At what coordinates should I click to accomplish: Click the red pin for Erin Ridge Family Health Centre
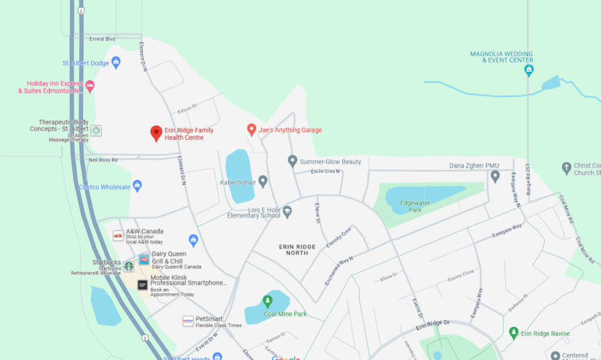(156, 132)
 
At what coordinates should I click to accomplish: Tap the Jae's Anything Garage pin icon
(251, 129)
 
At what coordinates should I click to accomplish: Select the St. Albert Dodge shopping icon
(116, 63)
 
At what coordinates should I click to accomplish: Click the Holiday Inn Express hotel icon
(90, 86)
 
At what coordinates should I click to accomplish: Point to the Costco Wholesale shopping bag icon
(137, 185)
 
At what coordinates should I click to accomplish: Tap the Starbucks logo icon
(129, 266)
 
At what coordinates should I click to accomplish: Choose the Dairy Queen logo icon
(144, 260)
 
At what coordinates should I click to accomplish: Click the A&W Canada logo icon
(118, 236)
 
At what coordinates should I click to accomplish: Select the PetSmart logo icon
(188, 321)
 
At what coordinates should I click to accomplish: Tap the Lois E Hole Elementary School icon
(287, 212)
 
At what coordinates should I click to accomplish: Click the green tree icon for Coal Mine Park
(267, 301)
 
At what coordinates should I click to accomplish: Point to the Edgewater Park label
(411, 206)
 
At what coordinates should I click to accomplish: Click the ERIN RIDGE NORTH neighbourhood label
(297, 250)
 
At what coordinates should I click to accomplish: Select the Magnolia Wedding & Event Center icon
(528, 71)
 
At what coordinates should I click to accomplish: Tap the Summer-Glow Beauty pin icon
(293, 161)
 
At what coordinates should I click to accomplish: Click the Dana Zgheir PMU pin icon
(495, 177)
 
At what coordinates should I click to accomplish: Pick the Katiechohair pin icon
(262, 182)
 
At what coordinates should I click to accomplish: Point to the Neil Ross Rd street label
(102, 159)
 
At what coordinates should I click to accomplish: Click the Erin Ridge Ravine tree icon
(514, 333)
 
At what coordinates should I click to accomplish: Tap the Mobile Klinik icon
(142, 285)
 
